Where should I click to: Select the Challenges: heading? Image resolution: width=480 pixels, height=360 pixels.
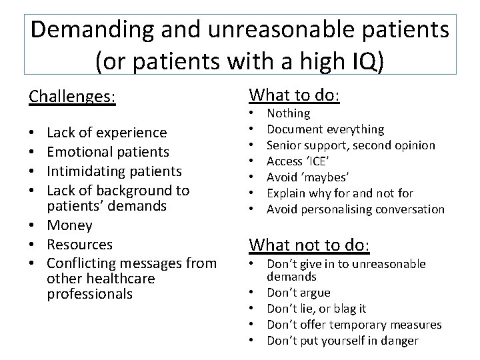(x=72, y=97)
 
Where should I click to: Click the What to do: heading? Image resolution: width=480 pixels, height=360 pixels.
(x=294, y=95)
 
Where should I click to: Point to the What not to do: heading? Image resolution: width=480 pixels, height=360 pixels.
(x=309, y=245)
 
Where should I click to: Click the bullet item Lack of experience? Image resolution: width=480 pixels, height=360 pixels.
(x=107, y=133)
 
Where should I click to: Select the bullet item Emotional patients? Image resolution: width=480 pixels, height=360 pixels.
(x=108, y=153)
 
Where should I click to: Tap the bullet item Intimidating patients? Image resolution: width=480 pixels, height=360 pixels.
(x=114, y=171)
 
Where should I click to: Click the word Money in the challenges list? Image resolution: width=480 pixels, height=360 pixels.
(x=69, y=226)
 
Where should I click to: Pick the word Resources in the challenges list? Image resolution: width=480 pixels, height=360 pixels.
(x=80, y=245)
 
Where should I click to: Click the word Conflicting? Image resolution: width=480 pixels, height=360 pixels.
(x=83, y=263)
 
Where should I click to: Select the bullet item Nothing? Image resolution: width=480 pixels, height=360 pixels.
(x=288, y=114)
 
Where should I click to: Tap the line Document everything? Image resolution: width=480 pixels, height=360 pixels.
(x=325, y=129)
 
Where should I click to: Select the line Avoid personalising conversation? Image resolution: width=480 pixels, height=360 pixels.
(x=355, y=209)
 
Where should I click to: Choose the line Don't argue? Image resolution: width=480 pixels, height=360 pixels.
(x=299, y=293)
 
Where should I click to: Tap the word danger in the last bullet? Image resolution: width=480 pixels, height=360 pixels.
(x=399, y=341)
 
